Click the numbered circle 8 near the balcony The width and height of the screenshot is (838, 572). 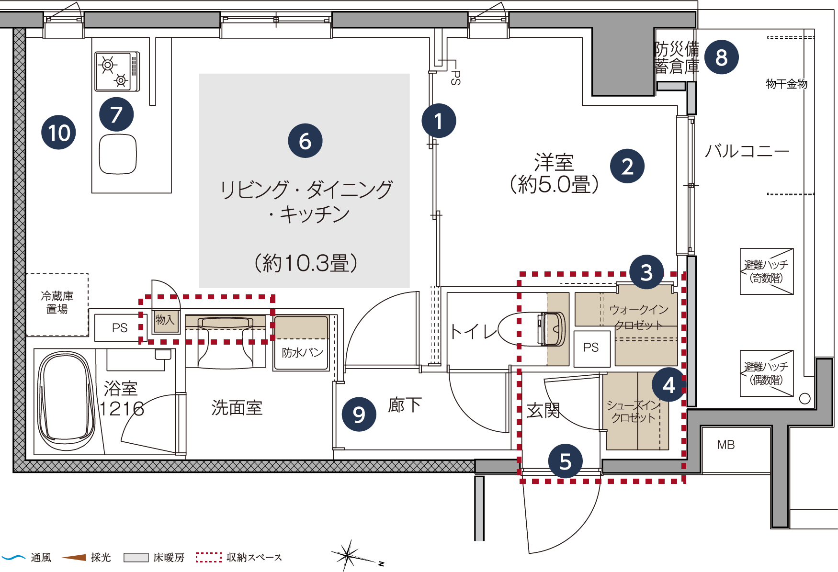721,57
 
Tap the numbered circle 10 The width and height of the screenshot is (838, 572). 59,133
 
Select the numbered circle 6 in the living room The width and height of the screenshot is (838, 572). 305,141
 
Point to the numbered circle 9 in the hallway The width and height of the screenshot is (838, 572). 359,414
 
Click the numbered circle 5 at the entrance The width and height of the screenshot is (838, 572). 566,461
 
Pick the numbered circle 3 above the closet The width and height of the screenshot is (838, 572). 646,272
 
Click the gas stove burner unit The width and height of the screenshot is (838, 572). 117,71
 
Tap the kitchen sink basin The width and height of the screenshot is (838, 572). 118,154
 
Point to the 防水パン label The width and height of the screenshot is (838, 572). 302,353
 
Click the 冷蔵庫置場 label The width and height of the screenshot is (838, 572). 57,303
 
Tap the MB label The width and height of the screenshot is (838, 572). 726,445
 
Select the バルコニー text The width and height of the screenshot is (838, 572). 747,151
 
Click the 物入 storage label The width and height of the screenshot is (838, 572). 165,319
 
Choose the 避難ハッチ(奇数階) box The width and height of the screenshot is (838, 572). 767,271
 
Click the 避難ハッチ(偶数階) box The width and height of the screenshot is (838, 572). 767,373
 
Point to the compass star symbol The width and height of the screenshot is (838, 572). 349,556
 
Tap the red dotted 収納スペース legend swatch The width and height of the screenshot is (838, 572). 209,557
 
